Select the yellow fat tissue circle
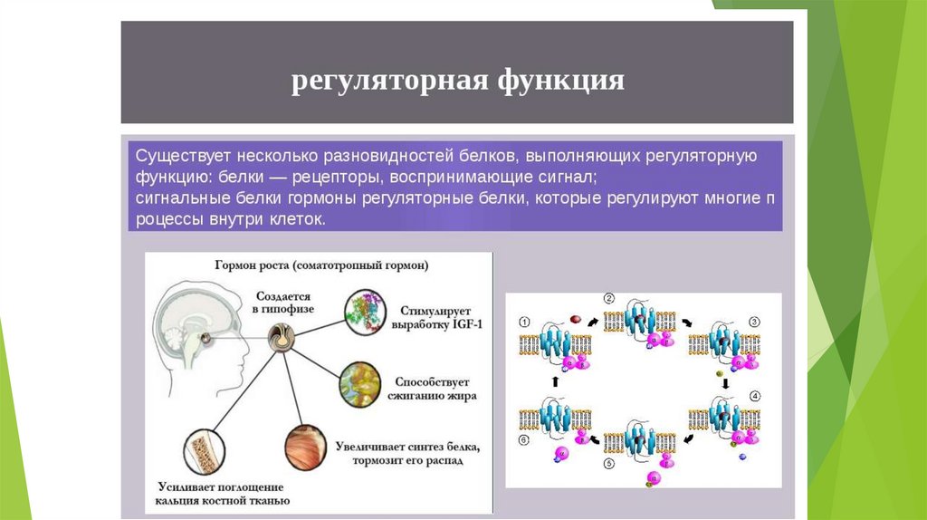(361, 384)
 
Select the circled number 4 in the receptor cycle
(755, 396)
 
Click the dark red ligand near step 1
(574, 318)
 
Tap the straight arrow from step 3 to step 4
(725, 383)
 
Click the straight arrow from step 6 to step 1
(554, 382)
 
